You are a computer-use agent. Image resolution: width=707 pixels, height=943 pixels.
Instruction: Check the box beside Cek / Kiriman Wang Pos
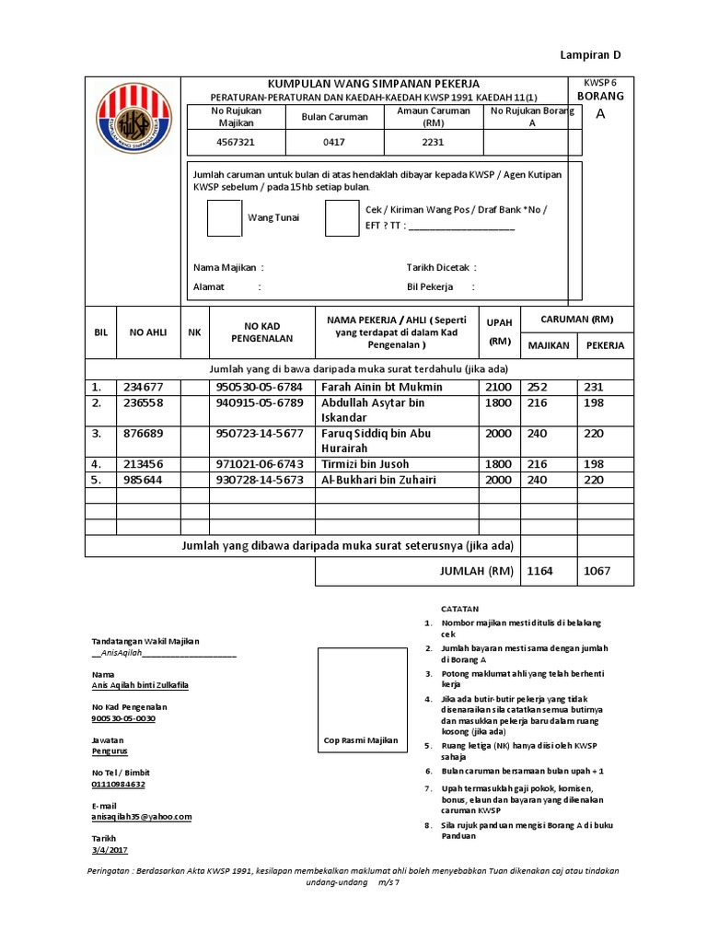pos(342,217)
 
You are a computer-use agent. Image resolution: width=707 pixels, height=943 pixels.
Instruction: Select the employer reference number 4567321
pos(236,143)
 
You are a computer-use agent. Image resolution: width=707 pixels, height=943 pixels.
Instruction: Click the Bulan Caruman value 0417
pos(333,143)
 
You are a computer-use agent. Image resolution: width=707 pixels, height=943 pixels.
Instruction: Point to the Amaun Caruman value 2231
pos(433,143)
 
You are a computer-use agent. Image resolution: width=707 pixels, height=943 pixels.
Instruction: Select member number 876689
pos(143,433)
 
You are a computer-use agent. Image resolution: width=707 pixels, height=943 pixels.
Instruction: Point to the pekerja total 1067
pos(597,572)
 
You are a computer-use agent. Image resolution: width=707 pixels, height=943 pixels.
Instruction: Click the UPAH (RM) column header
pos(499,332)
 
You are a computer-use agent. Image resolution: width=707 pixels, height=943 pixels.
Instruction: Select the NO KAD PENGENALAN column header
pos(261,332)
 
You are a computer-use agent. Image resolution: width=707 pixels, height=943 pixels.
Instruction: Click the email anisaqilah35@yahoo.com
pos(141,816)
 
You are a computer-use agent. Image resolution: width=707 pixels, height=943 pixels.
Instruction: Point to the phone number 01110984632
pos(118,784)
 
